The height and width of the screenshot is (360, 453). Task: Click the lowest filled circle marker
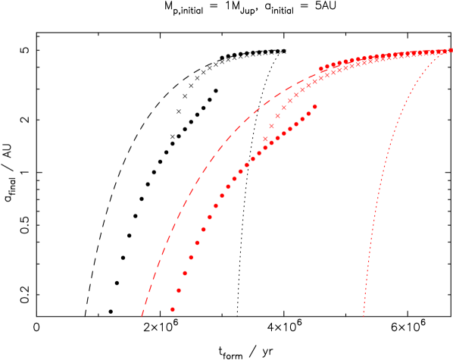(x=173, y=309)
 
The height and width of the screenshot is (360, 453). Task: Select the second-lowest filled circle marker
(x=179, y=290)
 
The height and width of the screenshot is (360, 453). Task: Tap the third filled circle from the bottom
(x=185, y=273)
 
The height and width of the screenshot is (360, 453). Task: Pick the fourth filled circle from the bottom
(x=191, y=257)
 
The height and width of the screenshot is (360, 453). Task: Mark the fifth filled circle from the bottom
(x=197, y=243)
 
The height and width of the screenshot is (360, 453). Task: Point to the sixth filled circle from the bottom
(x=203, y=229)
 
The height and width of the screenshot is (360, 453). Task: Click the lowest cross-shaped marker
(x=265, y=139)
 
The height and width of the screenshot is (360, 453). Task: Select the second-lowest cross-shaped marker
(x=271, y=126)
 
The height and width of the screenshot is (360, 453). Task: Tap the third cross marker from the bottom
(x=277, y=116)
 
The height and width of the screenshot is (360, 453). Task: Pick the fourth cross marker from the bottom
(x=283, y=107)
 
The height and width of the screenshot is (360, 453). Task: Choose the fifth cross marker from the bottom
(x=289, y=100)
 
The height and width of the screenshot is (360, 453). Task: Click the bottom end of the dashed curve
(x=142, y=315)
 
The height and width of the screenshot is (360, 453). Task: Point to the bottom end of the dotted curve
(x=364, y=315)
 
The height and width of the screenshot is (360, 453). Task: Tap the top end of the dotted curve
(x=451, y=50)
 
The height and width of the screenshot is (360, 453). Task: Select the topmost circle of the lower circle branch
(x=314, y=106)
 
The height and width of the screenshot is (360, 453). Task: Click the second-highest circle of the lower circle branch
(x=308, y=114)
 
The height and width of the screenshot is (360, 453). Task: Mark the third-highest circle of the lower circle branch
(x=302, y=119)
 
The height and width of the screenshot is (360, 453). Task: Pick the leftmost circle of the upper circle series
(x=321, y=68)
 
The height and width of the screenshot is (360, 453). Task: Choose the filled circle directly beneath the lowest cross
(x=265, y=147)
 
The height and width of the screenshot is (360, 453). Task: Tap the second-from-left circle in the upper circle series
(x=327, y=66)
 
